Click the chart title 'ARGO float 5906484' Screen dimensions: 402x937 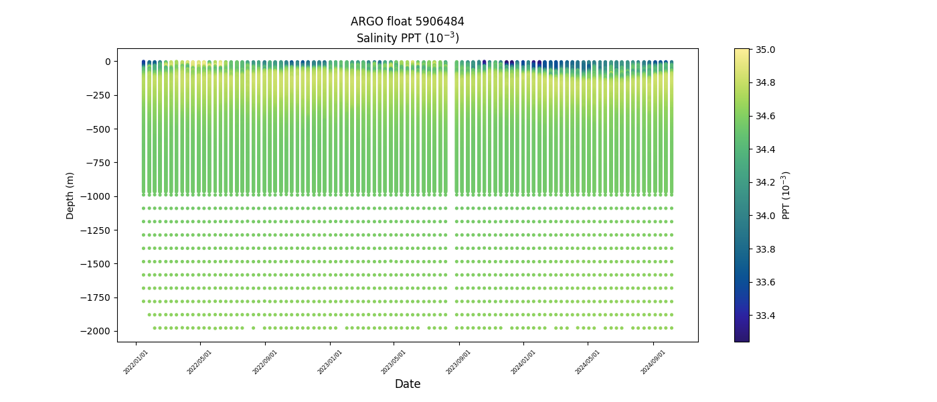point(407,21)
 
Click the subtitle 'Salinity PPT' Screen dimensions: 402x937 point(407,38)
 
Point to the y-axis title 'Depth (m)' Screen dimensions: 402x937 point(70,195)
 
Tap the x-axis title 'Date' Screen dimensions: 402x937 point(407,384)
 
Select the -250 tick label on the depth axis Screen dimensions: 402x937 point(98,95)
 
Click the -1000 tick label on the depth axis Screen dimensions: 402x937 point(96,196)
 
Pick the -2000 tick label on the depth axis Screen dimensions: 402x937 point(96,331)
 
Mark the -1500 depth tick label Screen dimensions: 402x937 point(96,264)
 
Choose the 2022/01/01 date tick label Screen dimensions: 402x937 point(137,362)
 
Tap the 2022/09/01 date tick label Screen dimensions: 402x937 point(266,362)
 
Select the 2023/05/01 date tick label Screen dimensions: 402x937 point(394,362)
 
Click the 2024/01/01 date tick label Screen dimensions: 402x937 point(524,362)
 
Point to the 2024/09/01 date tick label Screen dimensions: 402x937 point(654,362)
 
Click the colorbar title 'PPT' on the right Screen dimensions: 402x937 point(786,195)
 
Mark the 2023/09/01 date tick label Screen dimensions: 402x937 point(459,362)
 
